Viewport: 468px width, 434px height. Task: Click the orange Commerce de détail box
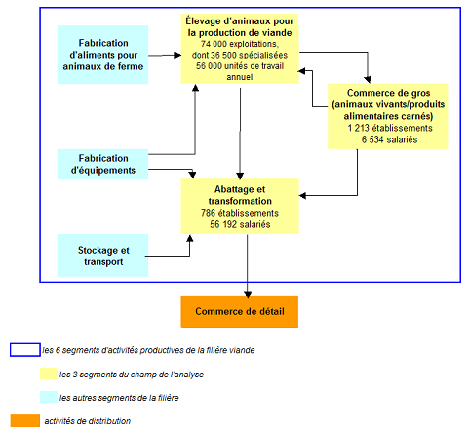coord(240,311)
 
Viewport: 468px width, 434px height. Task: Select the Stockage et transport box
coord(102,256)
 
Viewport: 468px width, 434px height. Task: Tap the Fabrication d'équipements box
coord(102,164)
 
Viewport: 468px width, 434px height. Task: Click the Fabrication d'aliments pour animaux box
coord(102,55)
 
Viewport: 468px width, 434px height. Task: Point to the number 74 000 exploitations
coord(240,44)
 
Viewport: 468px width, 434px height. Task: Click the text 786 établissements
coord(240,213)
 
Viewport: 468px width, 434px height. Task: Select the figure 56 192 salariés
coord(240,224)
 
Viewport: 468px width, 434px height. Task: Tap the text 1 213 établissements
coord(390,128)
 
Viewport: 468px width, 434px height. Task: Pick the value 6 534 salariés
coord(389,139)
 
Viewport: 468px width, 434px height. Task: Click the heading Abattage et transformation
coord(240,195)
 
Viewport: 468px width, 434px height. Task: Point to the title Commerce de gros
coord(388,93)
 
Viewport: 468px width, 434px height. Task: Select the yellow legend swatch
coord(49,374)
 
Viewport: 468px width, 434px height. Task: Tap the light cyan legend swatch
coord(49,397)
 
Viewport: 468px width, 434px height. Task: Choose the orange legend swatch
coord(25,420)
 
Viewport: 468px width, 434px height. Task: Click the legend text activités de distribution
coord(88,421)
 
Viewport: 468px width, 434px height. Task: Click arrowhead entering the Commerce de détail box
coord(248,295)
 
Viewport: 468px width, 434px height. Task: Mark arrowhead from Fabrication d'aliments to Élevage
coord(177,55)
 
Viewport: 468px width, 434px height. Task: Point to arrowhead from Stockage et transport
coord(190,239)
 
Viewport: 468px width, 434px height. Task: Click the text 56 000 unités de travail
coord(240,66)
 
